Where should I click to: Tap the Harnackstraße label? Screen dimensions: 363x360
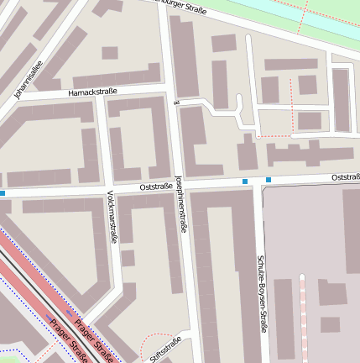tap(93, 91)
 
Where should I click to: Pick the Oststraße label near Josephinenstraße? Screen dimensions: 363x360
tap(156, 187)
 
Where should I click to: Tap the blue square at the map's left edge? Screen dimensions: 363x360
tap(3, 193)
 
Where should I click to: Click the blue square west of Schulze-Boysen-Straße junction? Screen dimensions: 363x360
tap(245, 181)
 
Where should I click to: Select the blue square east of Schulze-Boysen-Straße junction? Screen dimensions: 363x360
tap(269, 180)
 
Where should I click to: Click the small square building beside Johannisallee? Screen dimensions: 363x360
tap(109, 53)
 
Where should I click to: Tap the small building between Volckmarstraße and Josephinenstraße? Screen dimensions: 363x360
tap(128, 257)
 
